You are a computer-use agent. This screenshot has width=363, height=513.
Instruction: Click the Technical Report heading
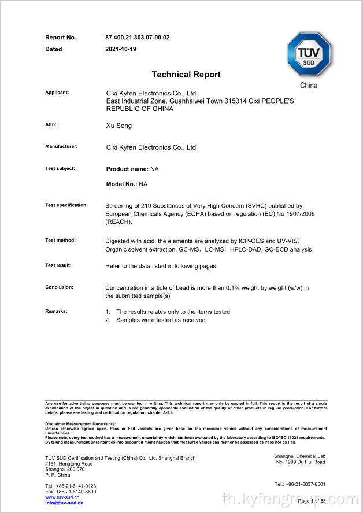[x=186, y=75]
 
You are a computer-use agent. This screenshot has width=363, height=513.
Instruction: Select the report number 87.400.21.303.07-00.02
[x=137, y=38]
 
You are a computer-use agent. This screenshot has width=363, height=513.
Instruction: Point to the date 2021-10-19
[x=120, y=49]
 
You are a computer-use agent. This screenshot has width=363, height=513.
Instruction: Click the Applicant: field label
[x=57, y=93]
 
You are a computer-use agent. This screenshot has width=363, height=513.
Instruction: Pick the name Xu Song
[x=118, y=126]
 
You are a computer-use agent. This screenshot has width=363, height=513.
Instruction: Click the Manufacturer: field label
[x=61, y=147]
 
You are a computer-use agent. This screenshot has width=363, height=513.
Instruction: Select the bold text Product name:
[x=127, y=169]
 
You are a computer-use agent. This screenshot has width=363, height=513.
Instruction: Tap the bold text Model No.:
[x=121, y=184]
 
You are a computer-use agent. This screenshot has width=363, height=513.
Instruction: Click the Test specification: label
[x=66, y=205]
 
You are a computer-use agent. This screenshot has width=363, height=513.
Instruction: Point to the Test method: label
[x=60, y=240]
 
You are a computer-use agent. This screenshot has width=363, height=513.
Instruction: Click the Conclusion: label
[x=59, y=287]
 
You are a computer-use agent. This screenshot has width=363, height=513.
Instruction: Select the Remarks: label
[x=56, y=311]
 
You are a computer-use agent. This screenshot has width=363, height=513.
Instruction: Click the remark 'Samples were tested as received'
[x=161, y=320]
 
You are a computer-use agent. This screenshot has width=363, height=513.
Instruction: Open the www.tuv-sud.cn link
[x=62, y=497]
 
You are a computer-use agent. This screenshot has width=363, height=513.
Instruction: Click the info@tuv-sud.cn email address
[x=64, y=503]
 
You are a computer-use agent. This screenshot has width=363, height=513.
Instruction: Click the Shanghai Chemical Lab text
[x=299, y=457]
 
